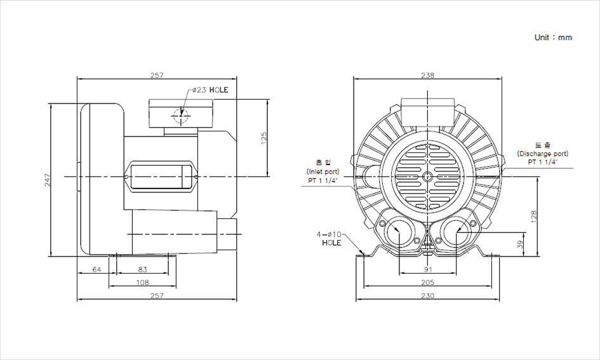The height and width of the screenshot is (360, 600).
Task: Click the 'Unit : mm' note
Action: [x=553, y=37]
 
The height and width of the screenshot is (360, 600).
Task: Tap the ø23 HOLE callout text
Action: [x=210, y=90]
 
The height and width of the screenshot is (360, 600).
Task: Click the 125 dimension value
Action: [x=263, y=137]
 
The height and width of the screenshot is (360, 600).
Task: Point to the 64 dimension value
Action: [x=97, y=270]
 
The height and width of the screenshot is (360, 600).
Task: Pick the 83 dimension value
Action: [x=142, y=270]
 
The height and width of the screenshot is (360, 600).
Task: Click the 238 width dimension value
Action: [x=428, y=75]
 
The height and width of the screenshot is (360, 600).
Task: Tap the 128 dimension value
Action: [x=535, y=217]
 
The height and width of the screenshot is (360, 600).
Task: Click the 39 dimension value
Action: [x=521, y=244]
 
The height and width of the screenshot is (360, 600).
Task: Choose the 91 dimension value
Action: [x=428, y=270]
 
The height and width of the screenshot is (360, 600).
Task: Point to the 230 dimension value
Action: [x=428, y=296]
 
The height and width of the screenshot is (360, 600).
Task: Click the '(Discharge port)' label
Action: [x=542, y=154]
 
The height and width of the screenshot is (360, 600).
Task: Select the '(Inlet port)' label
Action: [x=323, y=172]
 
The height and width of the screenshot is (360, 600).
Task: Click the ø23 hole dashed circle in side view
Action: [x=181, y=116]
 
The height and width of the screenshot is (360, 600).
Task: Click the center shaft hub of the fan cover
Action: [x=428, y=175]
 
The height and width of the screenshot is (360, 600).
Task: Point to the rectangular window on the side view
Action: [x=161, y=176]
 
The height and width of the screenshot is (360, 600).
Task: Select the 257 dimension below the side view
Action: [x=157, y=296]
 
